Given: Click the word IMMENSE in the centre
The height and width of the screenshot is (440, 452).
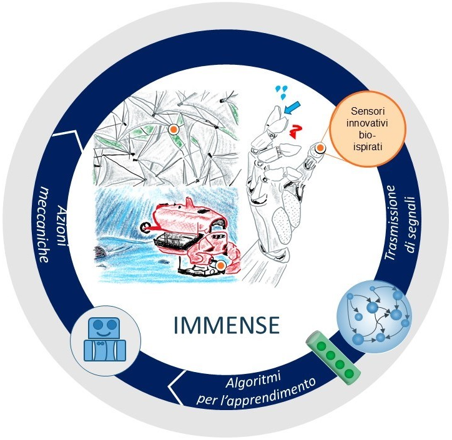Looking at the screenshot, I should point(226,325).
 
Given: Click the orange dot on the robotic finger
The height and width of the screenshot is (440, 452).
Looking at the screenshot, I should point(320,148).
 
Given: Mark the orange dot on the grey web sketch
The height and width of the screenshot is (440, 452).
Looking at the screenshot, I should point(174,129).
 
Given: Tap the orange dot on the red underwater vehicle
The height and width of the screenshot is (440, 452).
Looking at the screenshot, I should point(220,265).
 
